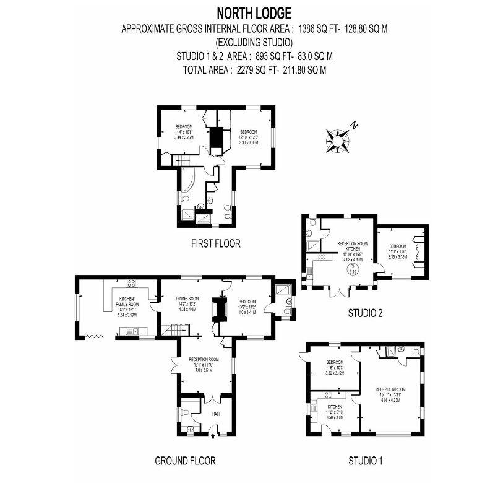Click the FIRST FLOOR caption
[x=215, y=243]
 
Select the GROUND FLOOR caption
[x=184, y=460]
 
